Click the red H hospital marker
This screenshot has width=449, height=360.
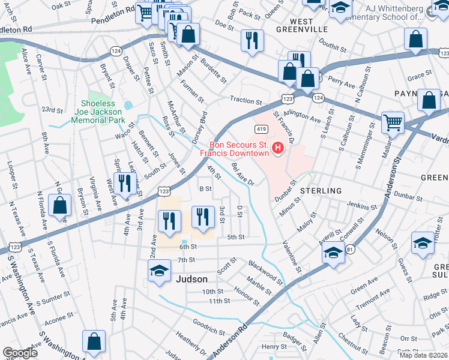[278, 148]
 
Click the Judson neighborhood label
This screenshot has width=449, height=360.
[191, 279]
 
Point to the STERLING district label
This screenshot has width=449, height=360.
[321, 190]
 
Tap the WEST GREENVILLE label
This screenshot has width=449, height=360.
[303, 25]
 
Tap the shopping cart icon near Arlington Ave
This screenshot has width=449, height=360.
[393, 122]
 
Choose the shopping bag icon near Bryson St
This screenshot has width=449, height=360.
[61, 206]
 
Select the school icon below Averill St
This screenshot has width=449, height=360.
[333, 254]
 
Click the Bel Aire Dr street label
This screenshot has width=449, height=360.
[243, 175]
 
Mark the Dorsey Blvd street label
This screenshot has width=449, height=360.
[199, 127]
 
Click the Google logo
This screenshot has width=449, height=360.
[20, 353]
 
